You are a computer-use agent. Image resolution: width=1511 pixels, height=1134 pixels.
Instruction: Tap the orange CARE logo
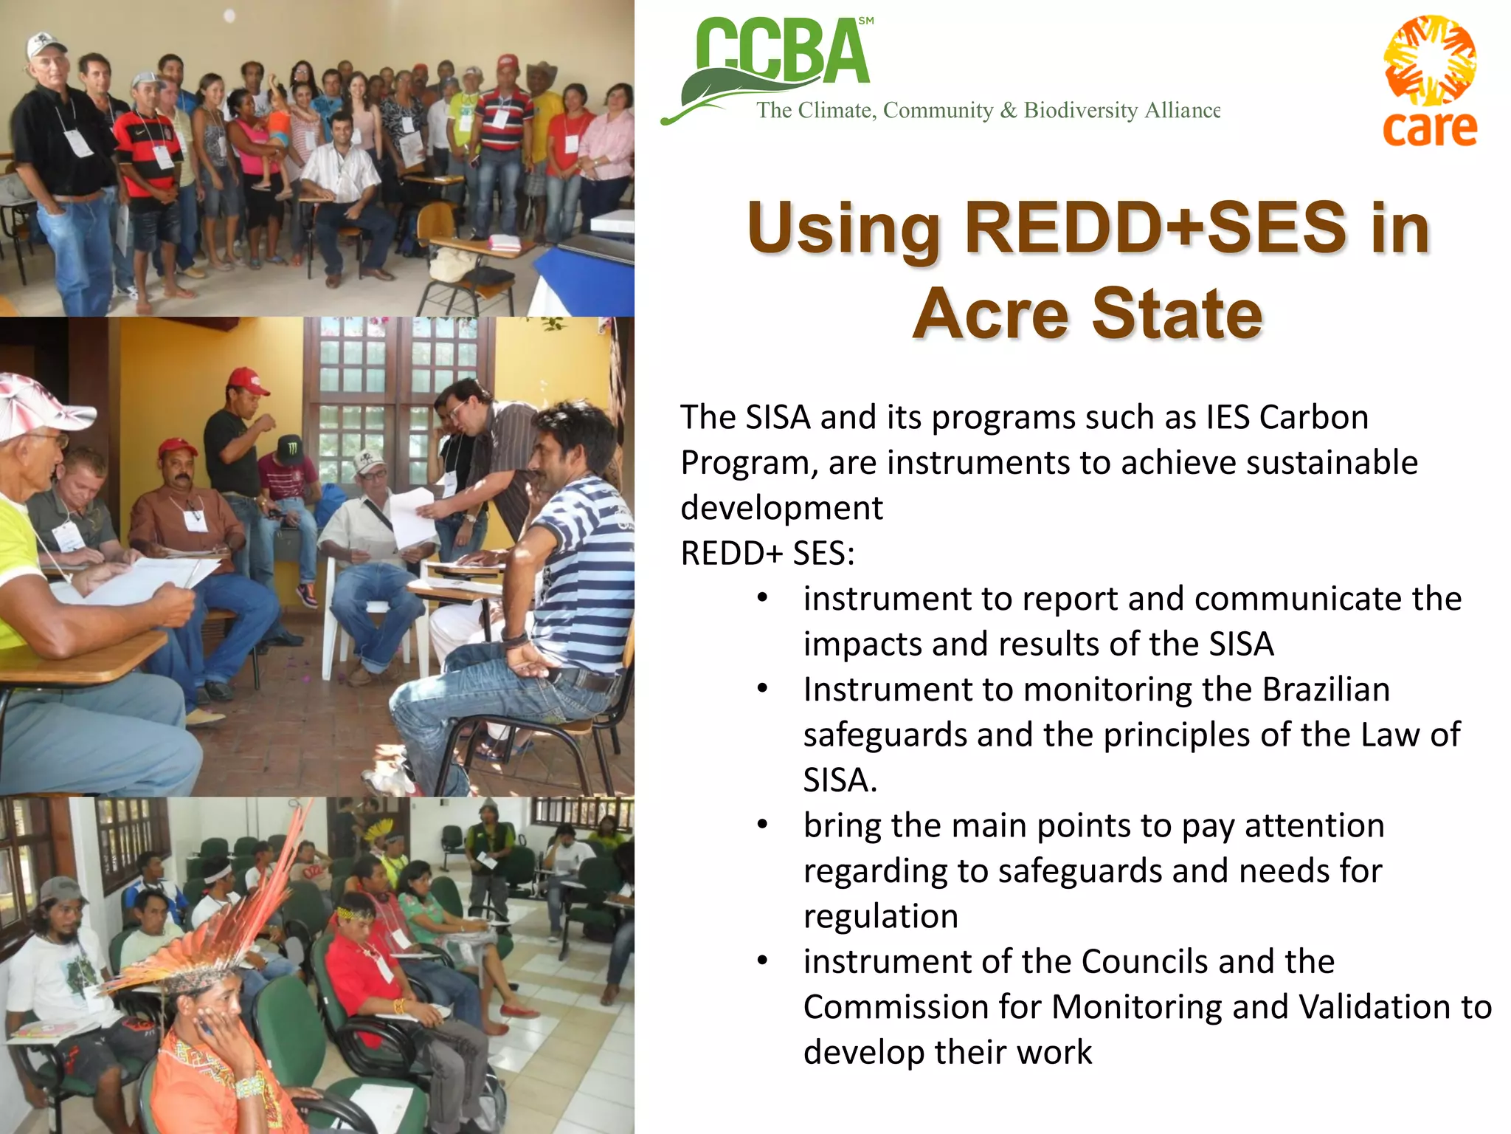[x=1429, y=81]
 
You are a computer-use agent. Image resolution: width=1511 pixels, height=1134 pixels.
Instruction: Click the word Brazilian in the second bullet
[x=1326, y=690]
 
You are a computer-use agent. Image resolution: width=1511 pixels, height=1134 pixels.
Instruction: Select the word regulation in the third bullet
[x=880, y=916]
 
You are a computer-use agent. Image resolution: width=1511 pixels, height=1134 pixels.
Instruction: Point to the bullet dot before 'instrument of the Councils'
[x=763, y=961]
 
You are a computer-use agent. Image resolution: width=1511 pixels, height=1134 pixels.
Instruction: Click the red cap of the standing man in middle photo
[x=247, y=381]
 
